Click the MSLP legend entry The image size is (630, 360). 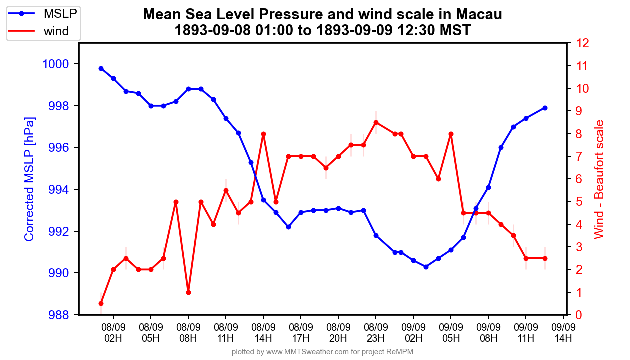point(44,14)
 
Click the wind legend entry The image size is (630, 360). point(44,32)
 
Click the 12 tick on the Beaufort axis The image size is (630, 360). point(582,43)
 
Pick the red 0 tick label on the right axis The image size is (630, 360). point(579,315)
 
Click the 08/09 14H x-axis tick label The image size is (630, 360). point(263,333)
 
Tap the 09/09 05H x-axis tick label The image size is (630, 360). point(451,333)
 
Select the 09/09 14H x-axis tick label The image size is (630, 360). point(563,333)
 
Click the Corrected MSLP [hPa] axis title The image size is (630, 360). point(30,180)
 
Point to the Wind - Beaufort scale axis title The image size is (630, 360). point(599,180)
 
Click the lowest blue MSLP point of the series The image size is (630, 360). point(426,267)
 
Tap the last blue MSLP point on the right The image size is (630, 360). point(545,108)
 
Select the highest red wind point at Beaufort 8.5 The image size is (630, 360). point(376,122)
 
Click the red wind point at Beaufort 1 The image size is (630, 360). point(188,292)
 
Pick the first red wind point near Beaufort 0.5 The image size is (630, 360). point(101,303)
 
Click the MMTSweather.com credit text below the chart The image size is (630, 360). point(322,352)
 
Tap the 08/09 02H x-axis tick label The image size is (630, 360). point(113,333)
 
